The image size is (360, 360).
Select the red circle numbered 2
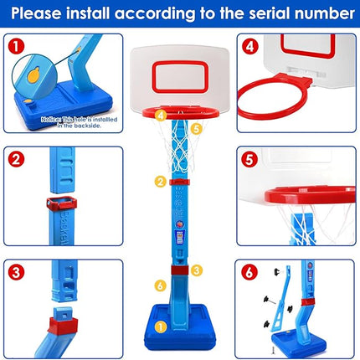tap(14, 157)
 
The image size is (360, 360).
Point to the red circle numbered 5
tap(248, 157)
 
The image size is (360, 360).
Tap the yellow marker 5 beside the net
tap(197, 128)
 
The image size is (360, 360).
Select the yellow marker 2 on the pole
tap(159, 180)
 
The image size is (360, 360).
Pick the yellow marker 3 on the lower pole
tap(195, 270)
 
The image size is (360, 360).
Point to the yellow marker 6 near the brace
tap(160, 285)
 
